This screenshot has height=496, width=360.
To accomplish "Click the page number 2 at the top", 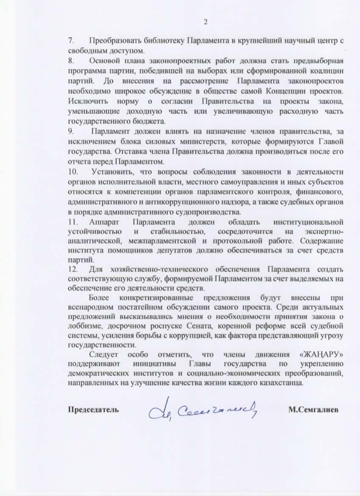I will point(205,22).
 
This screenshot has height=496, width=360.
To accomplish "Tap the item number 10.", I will point(73,171).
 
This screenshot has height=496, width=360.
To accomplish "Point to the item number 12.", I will point(73,269).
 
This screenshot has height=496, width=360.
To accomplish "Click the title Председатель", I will point(93,409).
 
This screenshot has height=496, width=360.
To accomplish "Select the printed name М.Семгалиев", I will point(313,409).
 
